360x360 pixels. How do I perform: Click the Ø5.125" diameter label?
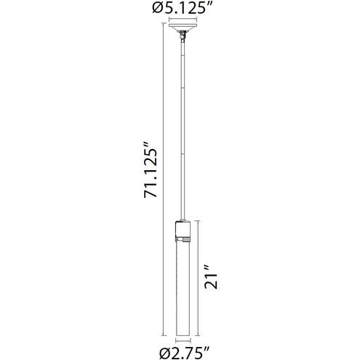[180, 8]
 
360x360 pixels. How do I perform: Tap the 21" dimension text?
[212, 277]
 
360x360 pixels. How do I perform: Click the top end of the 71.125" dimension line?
[161, 26]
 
